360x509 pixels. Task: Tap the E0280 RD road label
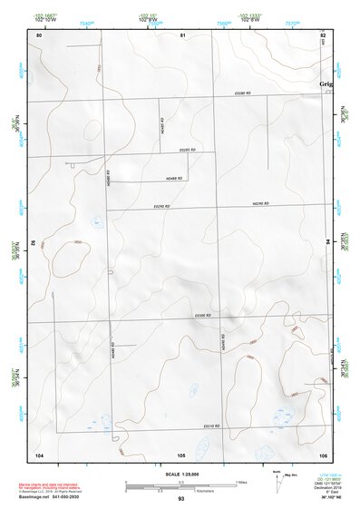[x=241, y=93]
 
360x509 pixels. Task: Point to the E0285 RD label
[x=188, y=150]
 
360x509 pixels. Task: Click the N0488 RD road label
[x=175, y=178]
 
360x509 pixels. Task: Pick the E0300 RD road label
[x=202, y=316]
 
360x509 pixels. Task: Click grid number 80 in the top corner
[x=39, y=34]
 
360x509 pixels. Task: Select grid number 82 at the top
[x=323, y=34]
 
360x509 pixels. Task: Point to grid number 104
[x=39, y=454]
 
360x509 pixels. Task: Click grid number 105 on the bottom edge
[x=181, y=454]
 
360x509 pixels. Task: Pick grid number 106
[x=323, y=454]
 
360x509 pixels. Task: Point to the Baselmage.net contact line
[x=61, y=496]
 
